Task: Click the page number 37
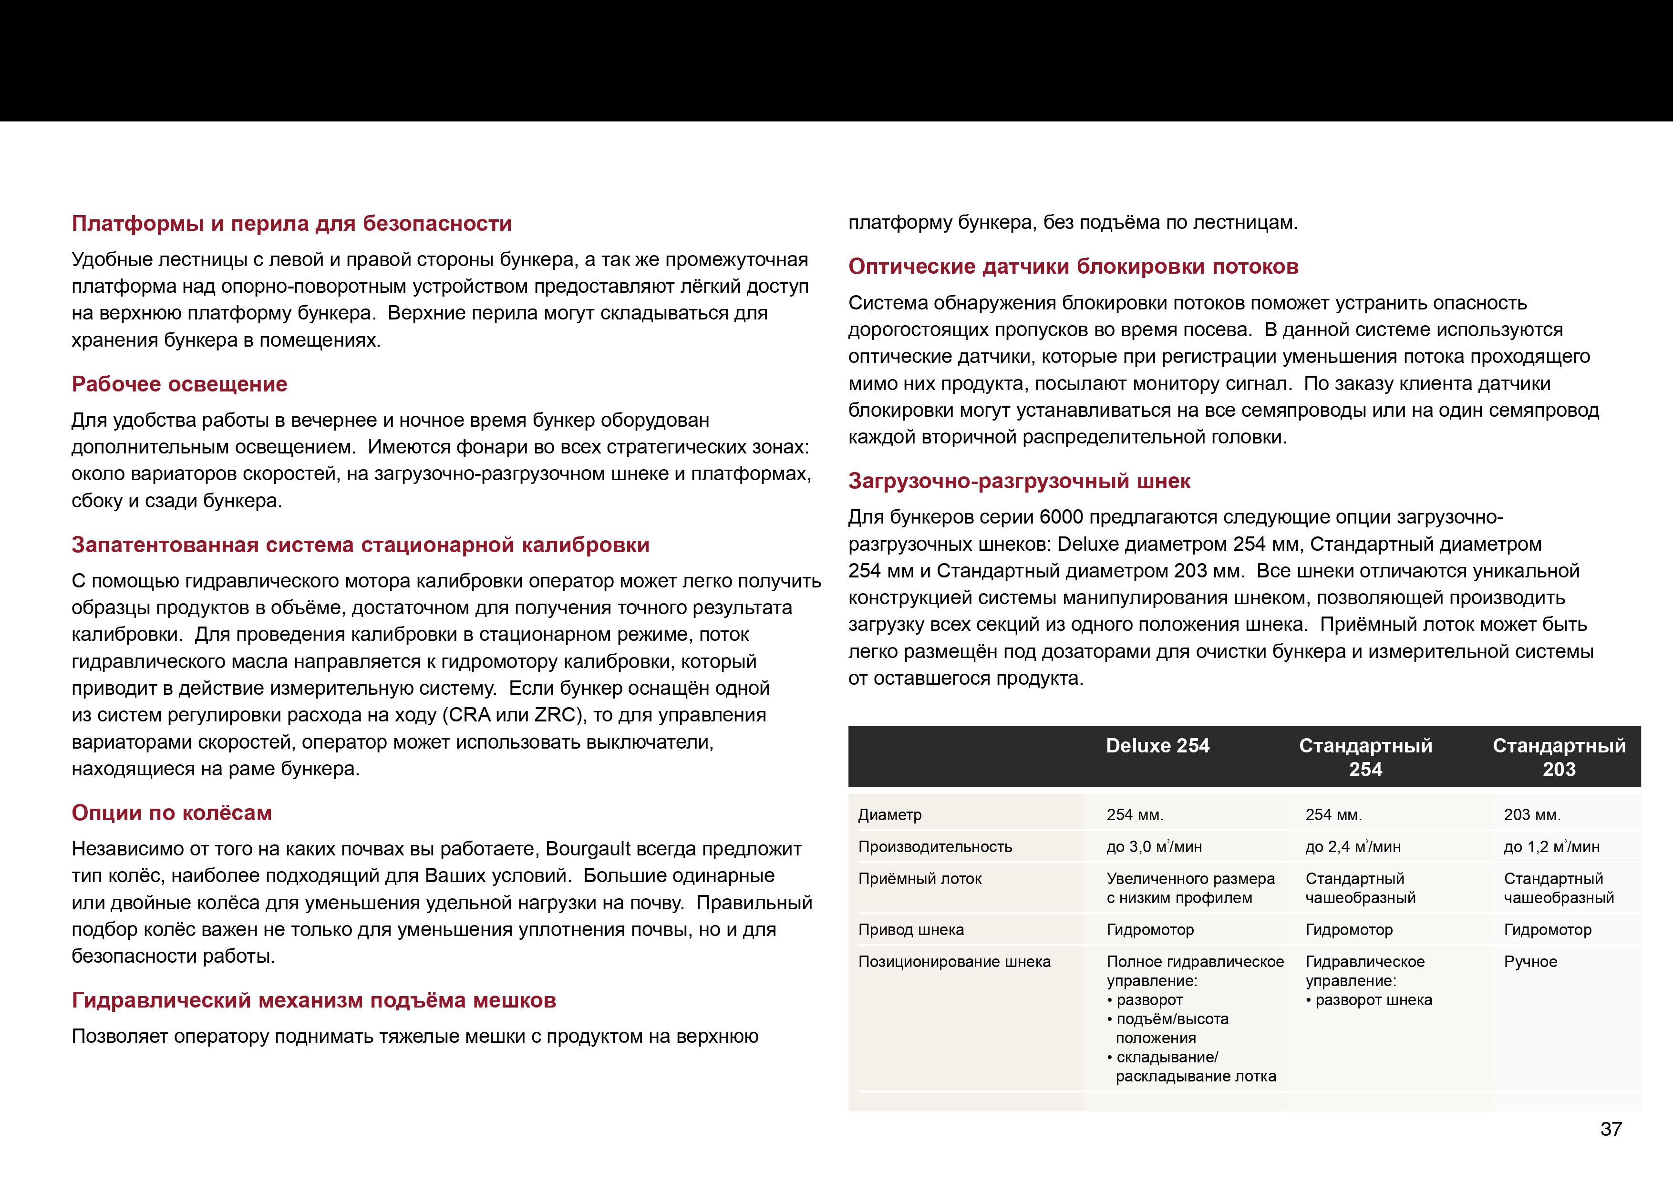tap(1611, 1129)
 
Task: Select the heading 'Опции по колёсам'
tap(171, 813)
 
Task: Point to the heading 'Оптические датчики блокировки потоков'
tap(1073, 267)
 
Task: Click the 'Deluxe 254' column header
tap(1157, 746)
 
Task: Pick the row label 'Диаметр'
tap(890, 815)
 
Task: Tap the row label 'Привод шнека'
tap(911, 930)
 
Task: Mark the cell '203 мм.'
tap(1532, 815)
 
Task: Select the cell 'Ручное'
tap(1530, 962)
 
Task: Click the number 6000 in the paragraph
tap(1061, 517)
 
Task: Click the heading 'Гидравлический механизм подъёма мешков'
tap(313, 1001)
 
